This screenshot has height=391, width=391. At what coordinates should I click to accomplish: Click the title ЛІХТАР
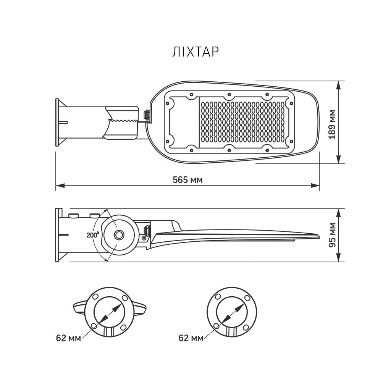(195, 52)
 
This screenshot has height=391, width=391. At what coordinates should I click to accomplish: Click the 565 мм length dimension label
(188, 180)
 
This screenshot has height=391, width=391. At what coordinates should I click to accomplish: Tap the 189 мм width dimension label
(332, 124)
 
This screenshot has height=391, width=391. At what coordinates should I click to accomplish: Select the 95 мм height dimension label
(332, 235)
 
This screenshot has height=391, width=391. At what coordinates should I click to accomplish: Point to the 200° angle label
(93, 235)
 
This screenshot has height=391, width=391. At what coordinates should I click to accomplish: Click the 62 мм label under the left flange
(68, 338)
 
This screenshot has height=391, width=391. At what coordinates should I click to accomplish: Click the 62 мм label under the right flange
(191, 338)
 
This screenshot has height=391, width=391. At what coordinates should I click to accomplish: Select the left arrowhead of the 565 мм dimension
(60, 186)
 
